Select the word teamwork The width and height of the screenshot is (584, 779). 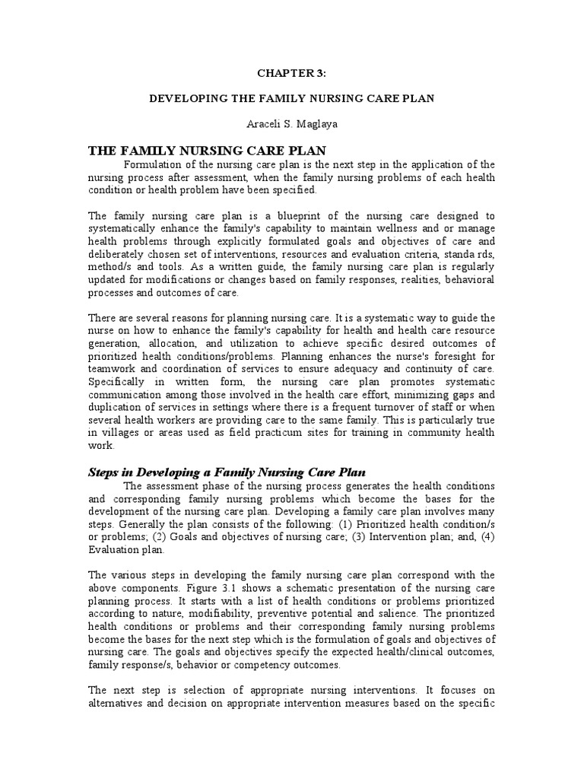click(x=112, y=369)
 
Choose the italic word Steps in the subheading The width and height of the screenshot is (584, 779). click(x=103, y=472)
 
